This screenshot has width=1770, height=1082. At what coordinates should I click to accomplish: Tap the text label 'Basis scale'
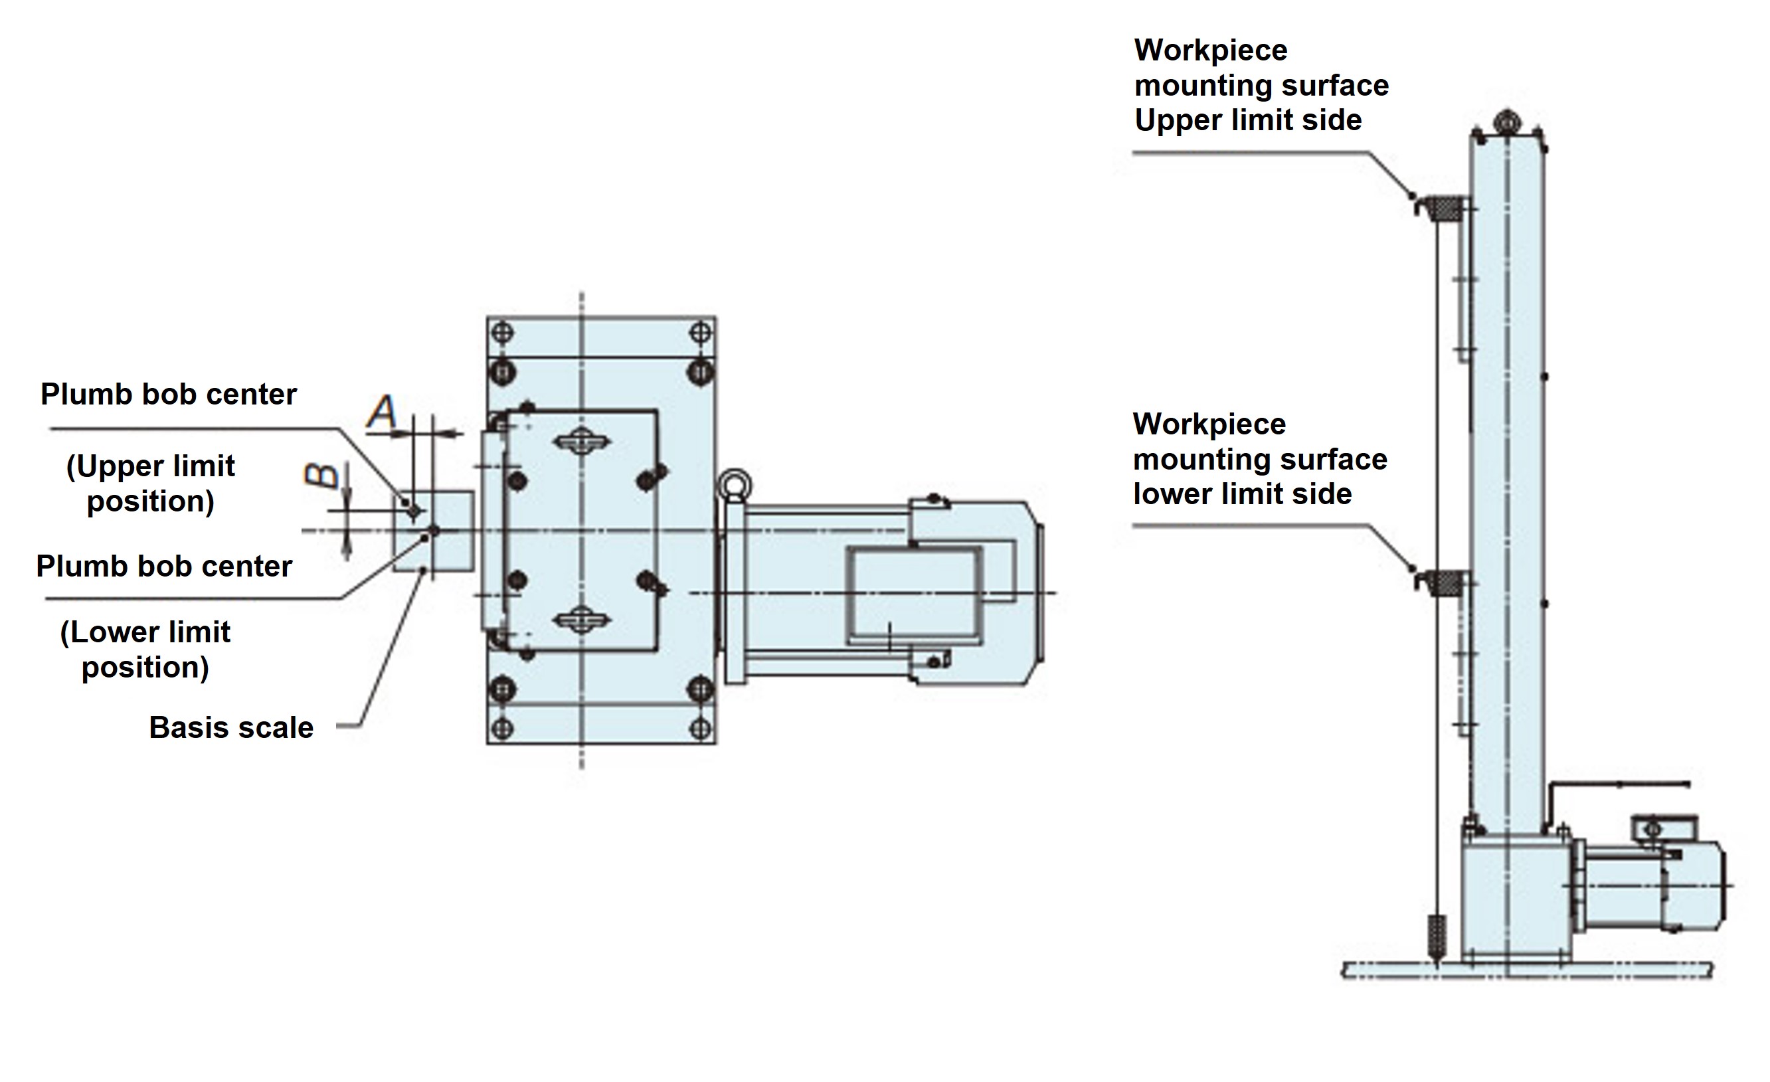point(230,728)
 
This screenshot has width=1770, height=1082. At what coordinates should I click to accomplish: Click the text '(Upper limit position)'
point(150,484)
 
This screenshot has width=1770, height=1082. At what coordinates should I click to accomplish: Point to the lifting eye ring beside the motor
point(734,484)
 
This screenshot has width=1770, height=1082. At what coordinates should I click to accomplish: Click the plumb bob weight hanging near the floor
point(1436,939)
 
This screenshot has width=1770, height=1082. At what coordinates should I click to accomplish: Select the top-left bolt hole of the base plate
point(503,333)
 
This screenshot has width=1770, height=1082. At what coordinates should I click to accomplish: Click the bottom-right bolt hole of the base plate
point(699,729)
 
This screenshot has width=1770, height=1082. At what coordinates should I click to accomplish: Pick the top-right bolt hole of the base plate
point(699,333)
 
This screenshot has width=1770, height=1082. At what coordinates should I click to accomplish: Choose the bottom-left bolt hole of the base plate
point(503,729)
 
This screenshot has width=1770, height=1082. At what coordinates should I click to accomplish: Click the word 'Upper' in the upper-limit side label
point(1170,120)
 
